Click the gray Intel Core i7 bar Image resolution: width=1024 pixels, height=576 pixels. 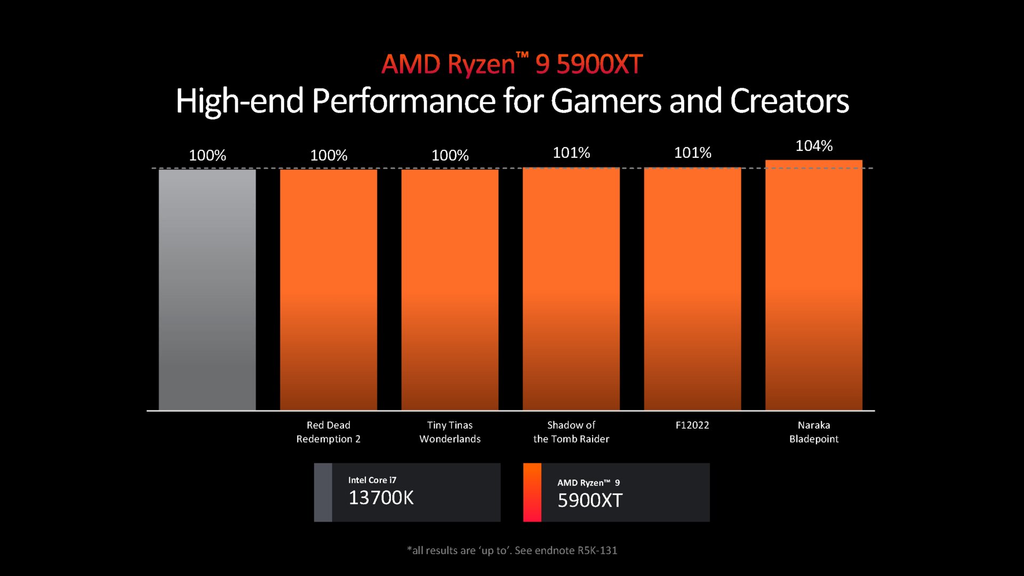[207, 290]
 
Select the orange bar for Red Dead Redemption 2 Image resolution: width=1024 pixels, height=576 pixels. [329, 290]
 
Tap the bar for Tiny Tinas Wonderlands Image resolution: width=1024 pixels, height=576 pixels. [450, 290]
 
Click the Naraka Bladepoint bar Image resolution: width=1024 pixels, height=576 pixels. [814, 285]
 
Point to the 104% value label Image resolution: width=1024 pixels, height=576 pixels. [814, 146]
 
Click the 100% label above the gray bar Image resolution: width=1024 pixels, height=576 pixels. [207, 156]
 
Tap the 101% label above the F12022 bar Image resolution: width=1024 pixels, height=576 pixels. [692, 153]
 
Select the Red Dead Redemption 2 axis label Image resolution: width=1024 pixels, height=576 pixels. [329, 432]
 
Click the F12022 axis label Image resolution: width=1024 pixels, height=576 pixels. [692, 425]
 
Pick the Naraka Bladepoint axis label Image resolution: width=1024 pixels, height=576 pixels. [814, 432]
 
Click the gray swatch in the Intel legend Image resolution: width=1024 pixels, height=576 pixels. [323, 492]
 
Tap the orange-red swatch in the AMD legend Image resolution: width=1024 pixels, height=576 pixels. [532, 492]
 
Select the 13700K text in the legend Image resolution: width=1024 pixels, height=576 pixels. [381, 498]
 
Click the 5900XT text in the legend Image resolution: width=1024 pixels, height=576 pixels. [590, 501]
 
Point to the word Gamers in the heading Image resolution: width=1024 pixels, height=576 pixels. [606, 101]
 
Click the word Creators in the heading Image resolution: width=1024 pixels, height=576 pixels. [789, 101]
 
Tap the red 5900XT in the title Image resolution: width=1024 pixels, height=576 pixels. [599, 65]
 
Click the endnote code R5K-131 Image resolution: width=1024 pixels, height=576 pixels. [597, 550]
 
